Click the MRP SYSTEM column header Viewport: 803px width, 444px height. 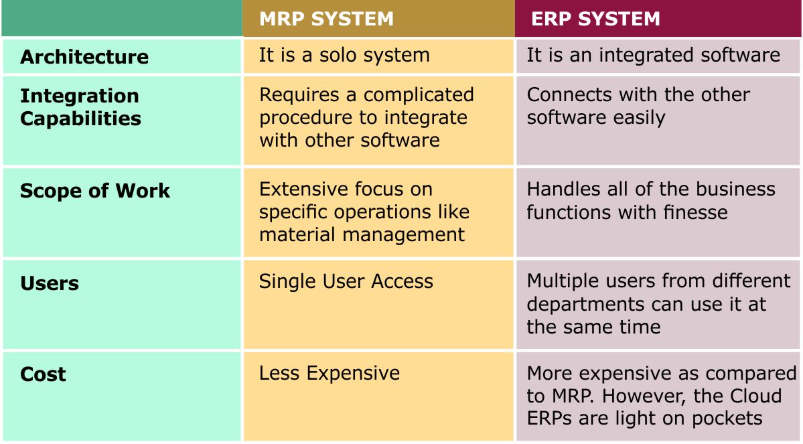(x=326, y=19)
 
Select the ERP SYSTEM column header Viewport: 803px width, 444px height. (x=595, y=19)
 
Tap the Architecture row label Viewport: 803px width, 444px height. (x=84, y=57)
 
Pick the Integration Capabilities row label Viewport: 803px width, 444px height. (x=80, y=107)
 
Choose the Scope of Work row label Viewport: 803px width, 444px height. (x=95, y=191)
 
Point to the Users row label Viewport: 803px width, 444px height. (x=50, y=283)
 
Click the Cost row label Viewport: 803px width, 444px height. (x=43, y=374)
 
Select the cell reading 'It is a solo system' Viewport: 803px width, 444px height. (x=344, y=55)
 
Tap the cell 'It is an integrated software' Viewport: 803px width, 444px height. (x=653, y=55)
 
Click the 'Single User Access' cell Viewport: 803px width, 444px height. (x=346, y=281)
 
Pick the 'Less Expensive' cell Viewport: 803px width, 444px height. (x=329, y=373)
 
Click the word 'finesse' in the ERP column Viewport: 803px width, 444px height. (x=694, y=212)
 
